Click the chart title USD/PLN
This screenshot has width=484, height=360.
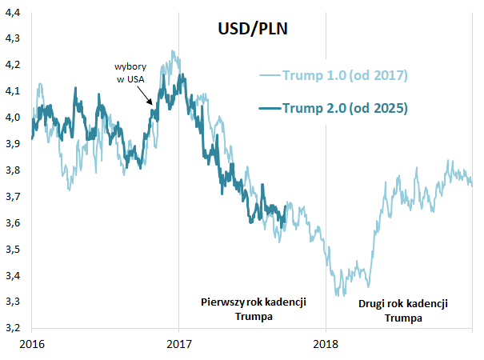(254, 30)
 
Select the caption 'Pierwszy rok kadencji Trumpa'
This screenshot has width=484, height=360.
(254, 309)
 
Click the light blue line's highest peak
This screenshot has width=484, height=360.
(173, 51)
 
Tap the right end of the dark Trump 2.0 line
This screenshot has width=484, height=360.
(286, 211)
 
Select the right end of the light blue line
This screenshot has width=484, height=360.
(472, 185)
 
